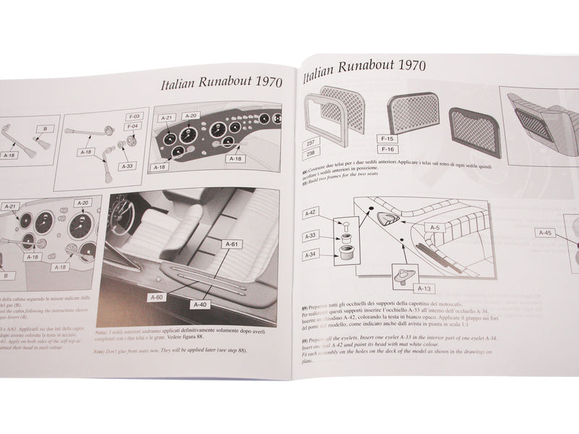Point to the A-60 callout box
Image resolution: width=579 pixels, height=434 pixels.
(x=158, y=297)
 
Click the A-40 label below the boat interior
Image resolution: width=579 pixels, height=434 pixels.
(x=200, y=305)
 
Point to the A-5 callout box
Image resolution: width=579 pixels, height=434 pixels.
(x=434, y=228)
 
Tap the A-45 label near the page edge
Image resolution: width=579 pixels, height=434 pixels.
(x=546, y=233)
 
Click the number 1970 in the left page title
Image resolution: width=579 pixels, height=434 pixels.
(x=258, y=83)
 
